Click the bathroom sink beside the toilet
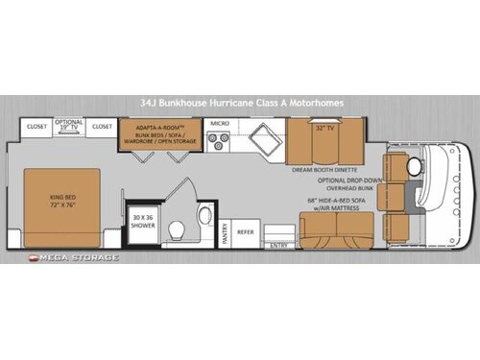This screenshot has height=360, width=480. click(x=204, y=214)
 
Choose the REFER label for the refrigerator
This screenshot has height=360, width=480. click(x=247, y=230)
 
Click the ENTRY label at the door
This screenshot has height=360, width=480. click(x=279, y=245)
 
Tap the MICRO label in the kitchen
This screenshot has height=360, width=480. click(x=220, y=124)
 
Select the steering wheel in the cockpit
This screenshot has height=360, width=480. click(x=415, y=166)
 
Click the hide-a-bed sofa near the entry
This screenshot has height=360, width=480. click(x=336, y=228)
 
